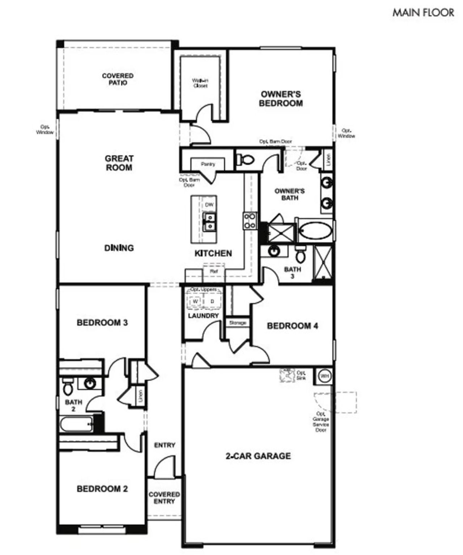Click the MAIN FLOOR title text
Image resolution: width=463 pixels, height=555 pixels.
point(423,13)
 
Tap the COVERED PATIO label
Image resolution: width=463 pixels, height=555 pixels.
point(118,79)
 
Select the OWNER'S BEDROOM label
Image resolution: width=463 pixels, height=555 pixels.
point(281,99)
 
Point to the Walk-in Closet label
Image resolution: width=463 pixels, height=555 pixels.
point(200,83)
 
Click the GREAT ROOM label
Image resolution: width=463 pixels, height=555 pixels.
point(119,163)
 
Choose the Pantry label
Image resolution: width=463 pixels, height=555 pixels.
point(208,164)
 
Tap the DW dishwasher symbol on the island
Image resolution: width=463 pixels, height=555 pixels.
point(209,205)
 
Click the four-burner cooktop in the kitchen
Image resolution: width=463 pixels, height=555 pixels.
point(250,221)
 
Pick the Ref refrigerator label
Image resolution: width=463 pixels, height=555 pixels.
point(213,271)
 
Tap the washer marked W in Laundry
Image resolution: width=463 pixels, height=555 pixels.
point(196,301)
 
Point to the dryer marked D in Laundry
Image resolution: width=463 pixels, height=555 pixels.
point(212,301)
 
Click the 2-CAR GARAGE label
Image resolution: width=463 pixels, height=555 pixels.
point(258,456)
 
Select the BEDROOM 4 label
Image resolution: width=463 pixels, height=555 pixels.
point(292,326)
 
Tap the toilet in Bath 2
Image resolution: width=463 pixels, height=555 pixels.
point(67,387)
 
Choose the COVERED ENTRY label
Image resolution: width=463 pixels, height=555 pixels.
point(164,498)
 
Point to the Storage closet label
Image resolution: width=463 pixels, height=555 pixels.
point(238,323)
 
